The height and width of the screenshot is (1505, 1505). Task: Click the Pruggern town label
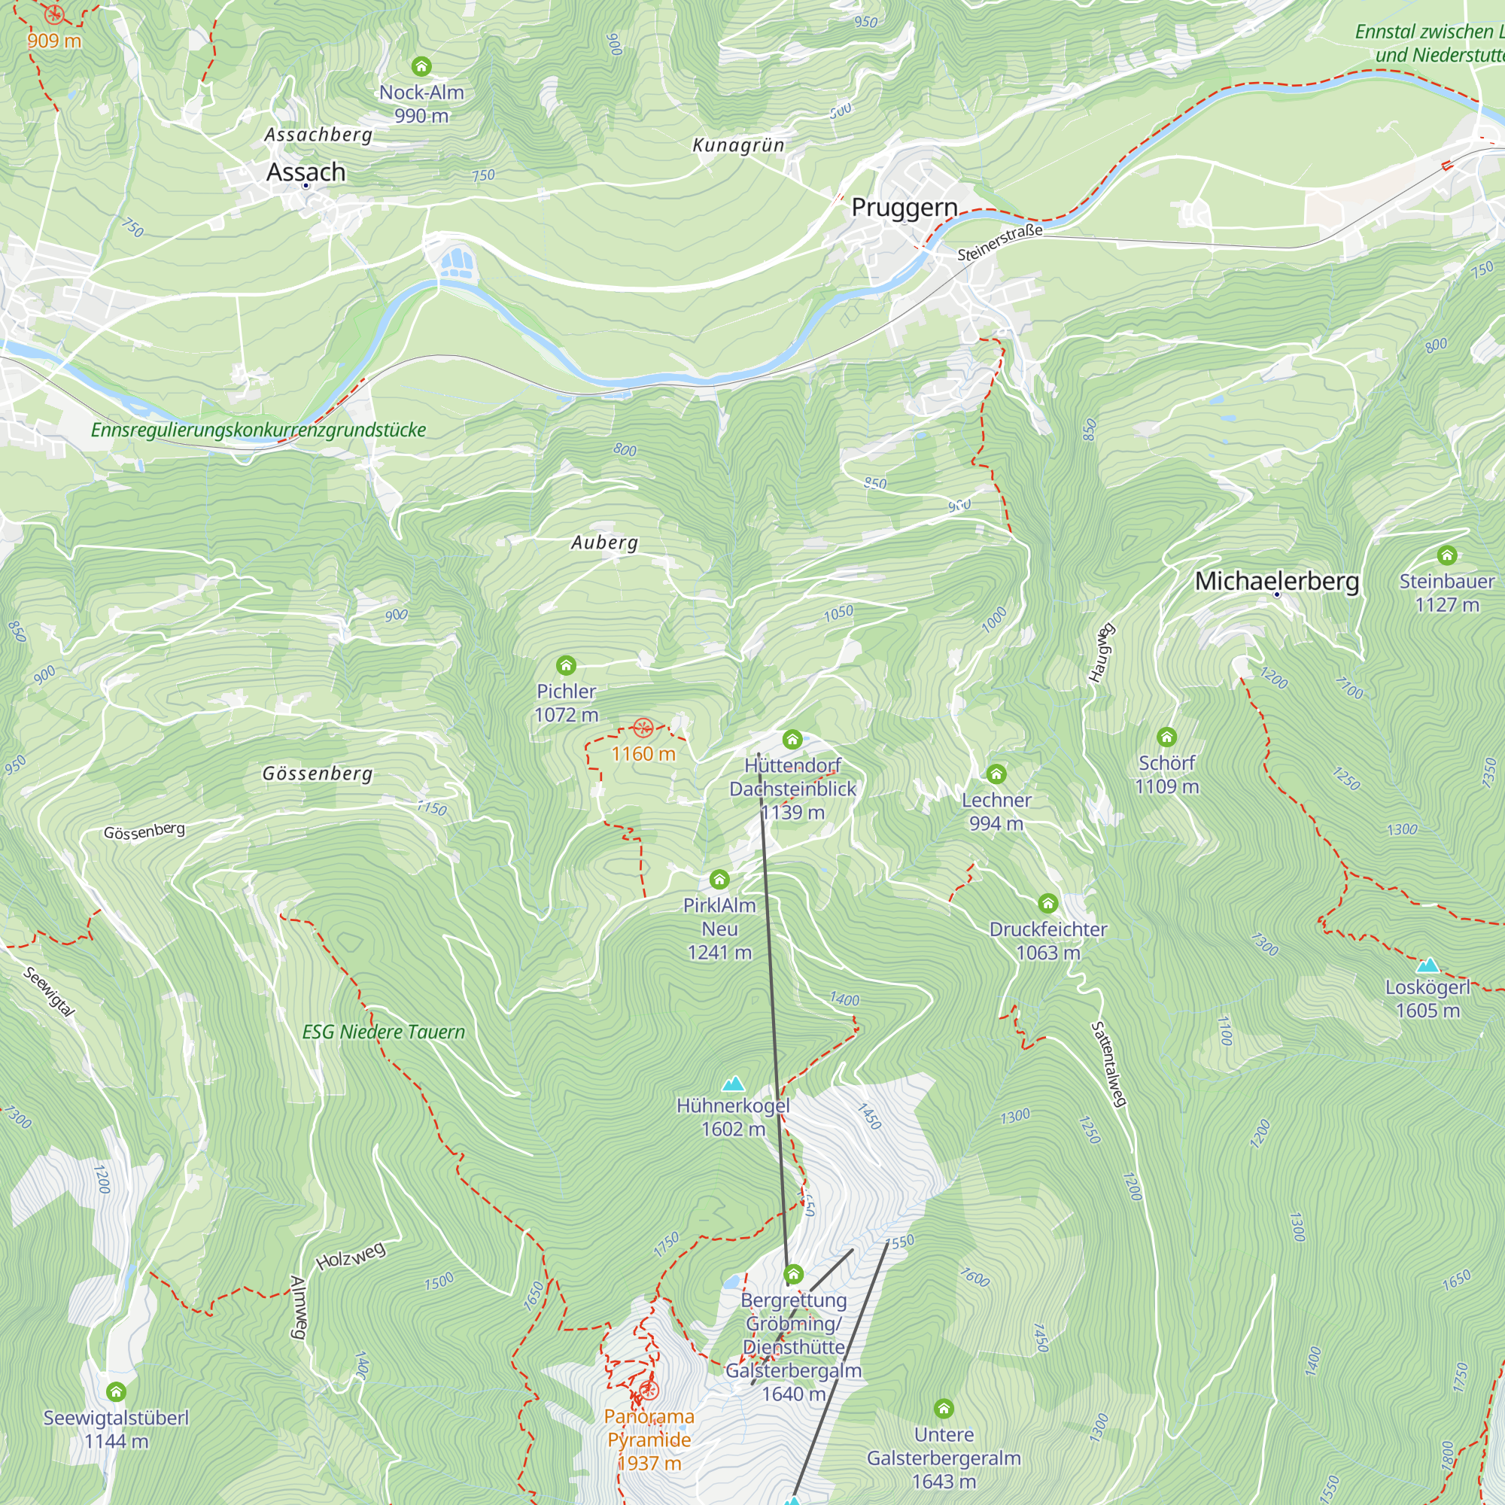click(904, 208)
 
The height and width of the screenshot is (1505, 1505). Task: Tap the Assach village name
click(306, 172)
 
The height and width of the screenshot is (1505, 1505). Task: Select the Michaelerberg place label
click(1277, 581)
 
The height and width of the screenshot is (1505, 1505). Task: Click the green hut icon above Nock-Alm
click(421, 66)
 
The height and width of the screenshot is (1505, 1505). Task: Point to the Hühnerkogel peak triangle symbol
click(733, 1084)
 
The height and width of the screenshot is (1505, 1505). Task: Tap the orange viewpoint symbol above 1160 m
click(643, 728)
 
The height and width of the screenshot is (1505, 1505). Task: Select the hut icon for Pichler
click(567, 666)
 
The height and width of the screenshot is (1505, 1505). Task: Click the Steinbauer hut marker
click(1446, 555)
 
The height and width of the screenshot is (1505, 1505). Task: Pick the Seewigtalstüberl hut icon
click(116, 1392)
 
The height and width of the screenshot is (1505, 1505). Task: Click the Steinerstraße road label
click(999, 243)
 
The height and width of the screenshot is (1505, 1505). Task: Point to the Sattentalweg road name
click(1108, 1064)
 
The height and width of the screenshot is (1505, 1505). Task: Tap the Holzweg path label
click(351, 1256)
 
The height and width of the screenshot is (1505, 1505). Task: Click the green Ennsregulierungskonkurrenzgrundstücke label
click(259, 430)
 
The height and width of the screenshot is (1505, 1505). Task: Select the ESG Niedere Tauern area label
click(383, 1032)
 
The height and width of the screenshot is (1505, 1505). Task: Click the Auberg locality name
click(604, 543)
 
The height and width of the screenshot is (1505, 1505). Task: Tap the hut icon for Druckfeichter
click(1047, 904)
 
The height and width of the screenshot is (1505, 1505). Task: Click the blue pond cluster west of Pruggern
click(457, 262)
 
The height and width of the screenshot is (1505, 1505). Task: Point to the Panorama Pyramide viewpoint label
click(649, 1440)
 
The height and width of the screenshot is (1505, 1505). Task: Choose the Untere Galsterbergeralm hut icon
click(944, 1409)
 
